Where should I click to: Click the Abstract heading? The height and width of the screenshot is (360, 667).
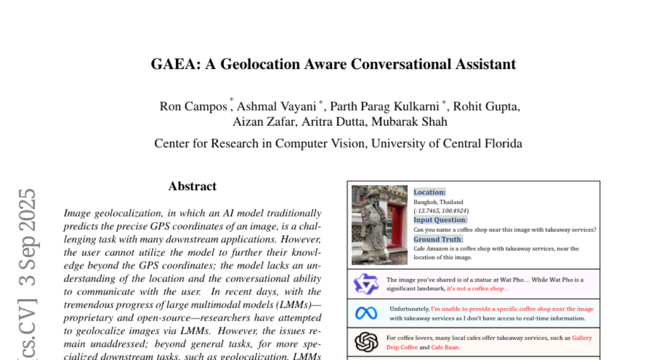(192, 186)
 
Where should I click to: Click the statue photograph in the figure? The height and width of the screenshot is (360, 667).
(380, 224)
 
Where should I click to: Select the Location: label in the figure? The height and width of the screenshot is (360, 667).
(430, 192)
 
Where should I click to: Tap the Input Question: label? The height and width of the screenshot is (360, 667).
(440, 220)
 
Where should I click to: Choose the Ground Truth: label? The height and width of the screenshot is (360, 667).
(438, 239)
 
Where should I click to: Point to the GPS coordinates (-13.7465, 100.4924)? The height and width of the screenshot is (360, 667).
(441, 211)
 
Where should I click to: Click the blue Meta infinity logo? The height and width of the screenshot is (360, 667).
(366, 313)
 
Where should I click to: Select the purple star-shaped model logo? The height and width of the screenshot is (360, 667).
(366, 284)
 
